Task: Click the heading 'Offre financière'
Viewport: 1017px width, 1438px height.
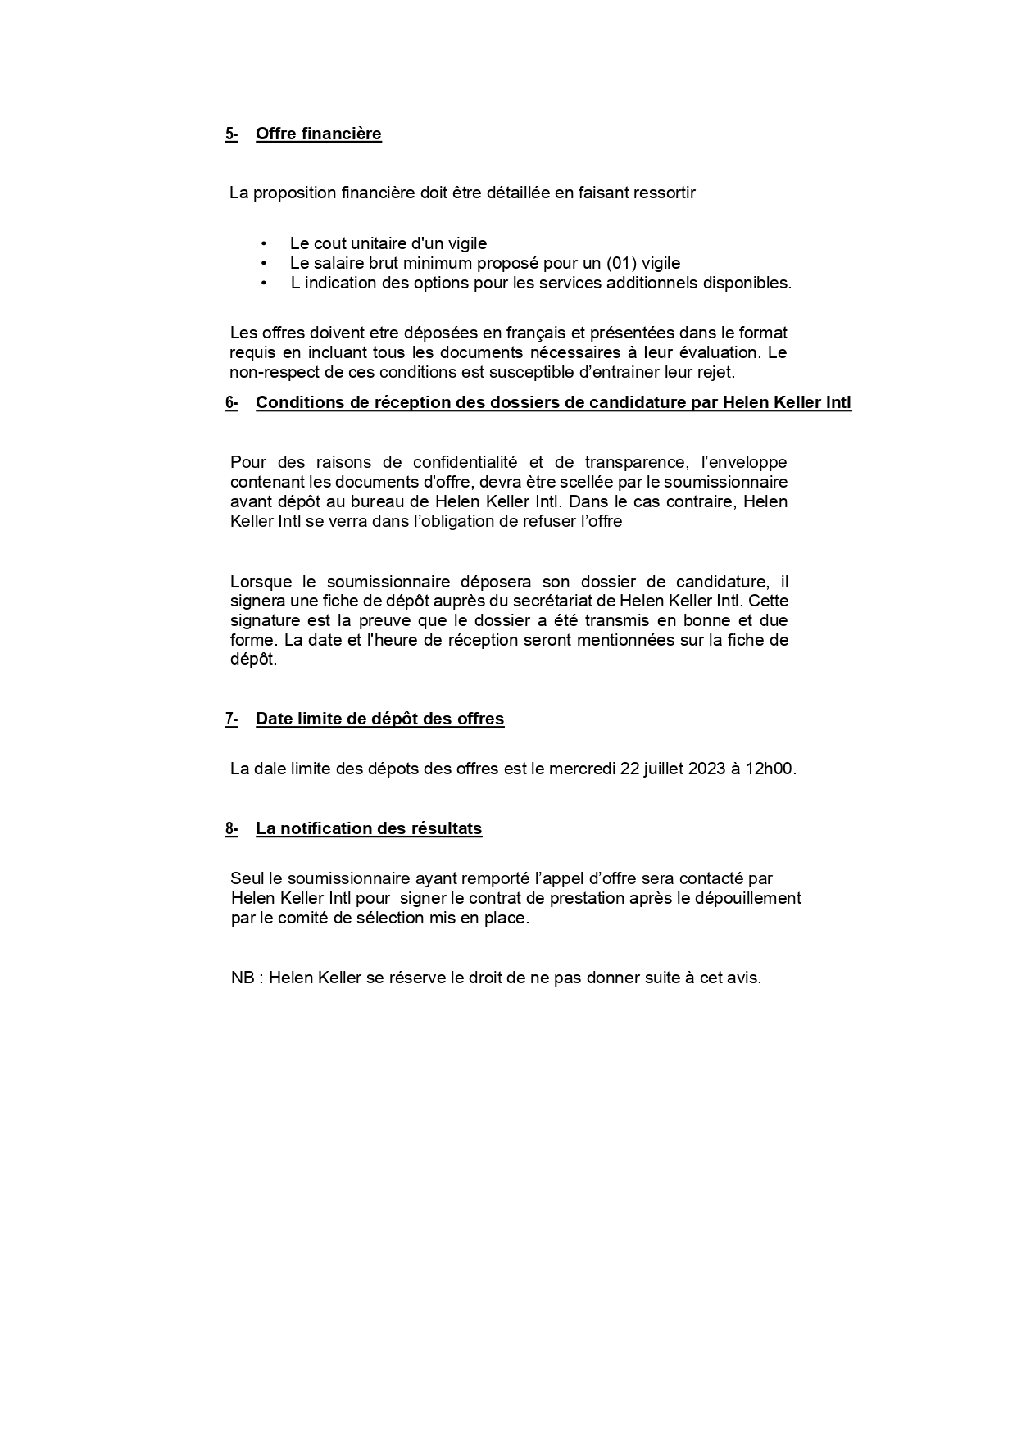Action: [x=318, y=134]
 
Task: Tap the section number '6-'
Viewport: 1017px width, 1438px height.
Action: [x=231, y=402]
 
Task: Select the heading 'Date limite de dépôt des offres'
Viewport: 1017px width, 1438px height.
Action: [x=379, y=719]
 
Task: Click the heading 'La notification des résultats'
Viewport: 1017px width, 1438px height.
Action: [x=369, y=828]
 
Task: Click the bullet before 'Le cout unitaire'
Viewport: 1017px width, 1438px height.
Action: [x=264, y=243]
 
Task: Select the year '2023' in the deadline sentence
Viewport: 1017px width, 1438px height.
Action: [x=706, y=769]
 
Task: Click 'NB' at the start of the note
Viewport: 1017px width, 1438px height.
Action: [x=242, y=978]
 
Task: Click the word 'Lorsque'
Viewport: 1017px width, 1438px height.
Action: [x=261, y=582]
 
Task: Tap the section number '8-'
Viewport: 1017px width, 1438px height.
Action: [x=231, y=828]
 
